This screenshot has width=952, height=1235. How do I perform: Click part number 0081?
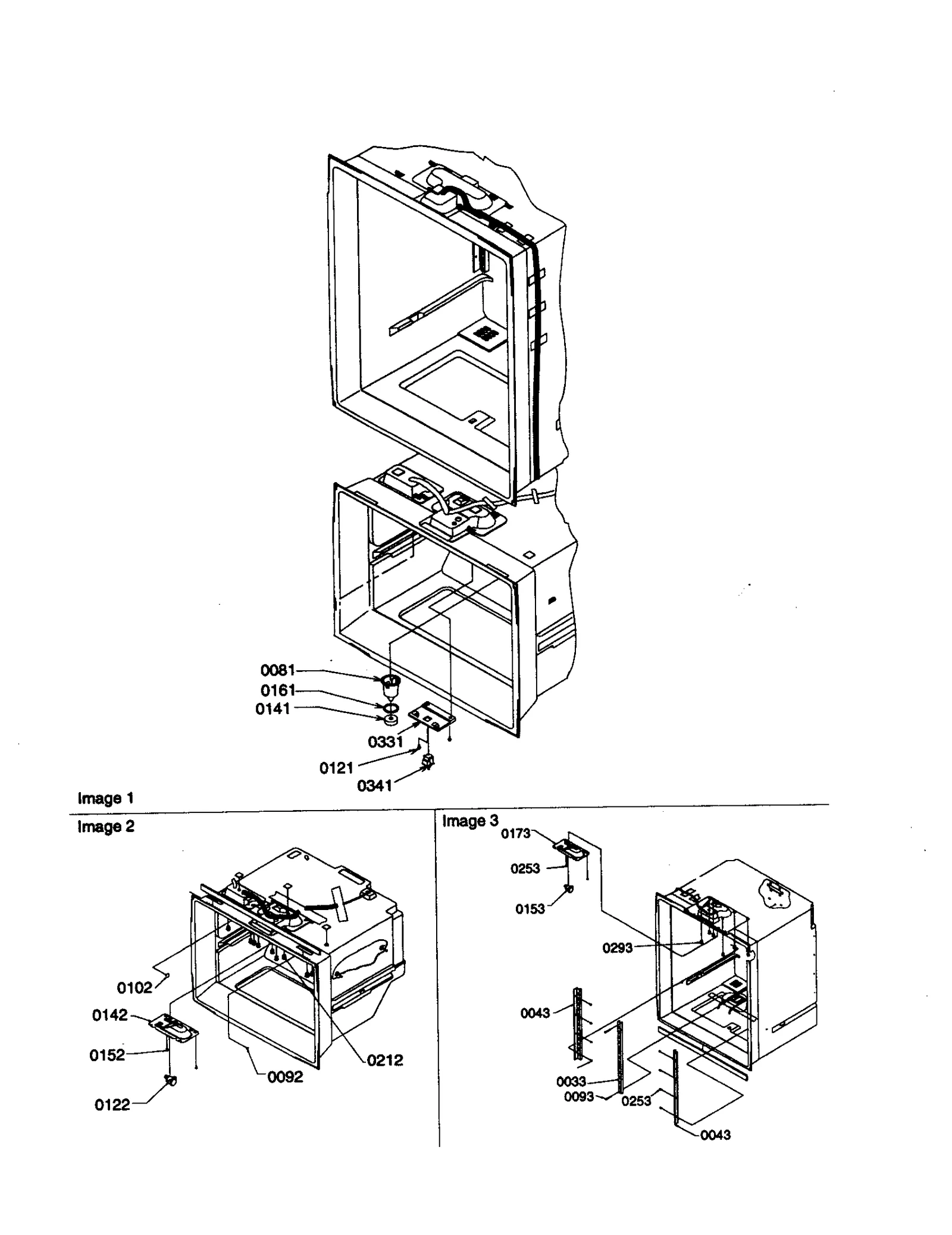pos(278,670)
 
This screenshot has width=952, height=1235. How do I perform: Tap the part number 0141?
pos(273,709)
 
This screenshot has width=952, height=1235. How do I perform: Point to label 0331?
pos(386,742)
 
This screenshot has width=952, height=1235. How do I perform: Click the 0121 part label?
pos(337,768)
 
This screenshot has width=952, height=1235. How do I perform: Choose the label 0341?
pos(374,786)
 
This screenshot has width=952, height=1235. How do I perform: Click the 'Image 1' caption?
pos(106,798)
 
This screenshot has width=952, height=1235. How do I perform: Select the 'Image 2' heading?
pos(106,826)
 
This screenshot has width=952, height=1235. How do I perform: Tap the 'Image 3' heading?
pos(470,821)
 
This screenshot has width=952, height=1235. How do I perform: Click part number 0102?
pos(134,988)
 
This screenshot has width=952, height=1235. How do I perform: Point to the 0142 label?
pos(109,1015)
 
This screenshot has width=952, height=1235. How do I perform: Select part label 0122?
pos(112,1105)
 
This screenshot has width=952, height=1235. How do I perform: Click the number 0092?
pos(285,1077)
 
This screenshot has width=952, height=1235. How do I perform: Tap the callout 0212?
pos(385,1060)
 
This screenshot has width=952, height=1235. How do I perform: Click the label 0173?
pos(515,833)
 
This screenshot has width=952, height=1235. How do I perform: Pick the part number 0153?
pos(530,909)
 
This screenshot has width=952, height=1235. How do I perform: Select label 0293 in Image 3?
pos(618,948)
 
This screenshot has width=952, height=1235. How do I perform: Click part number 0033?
pos(571,1081)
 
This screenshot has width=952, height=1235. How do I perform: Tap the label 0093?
pos(579,1096)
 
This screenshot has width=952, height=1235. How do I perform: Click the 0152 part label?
pos(107,1055)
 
